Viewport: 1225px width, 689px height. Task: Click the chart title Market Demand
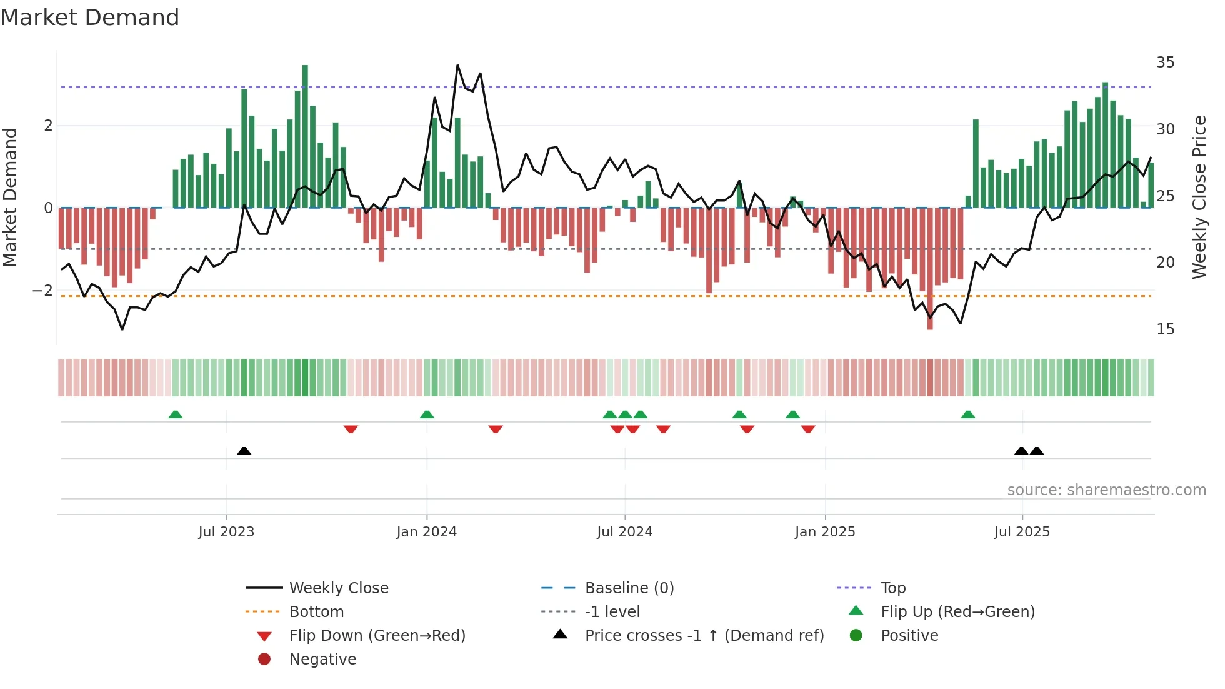point(90,18)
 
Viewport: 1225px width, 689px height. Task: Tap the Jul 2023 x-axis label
point(226,532)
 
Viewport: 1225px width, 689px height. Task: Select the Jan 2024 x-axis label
point(427,532)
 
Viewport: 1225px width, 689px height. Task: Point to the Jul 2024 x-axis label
point(624,532)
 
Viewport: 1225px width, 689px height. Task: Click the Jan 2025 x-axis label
point(825,532)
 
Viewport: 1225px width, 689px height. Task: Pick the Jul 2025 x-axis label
point(1022,532)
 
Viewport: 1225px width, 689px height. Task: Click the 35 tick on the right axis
point(1165,63)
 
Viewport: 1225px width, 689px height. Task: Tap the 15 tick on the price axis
point(1165,329)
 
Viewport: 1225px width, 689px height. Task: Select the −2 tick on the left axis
point(42,291)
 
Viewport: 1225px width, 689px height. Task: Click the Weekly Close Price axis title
point(1199,197)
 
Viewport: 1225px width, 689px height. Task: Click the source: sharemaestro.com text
point(1106,490)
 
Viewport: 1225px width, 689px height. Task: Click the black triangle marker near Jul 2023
point(244,451)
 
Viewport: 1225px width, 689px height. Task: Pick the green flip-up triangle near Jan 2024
point(427,415)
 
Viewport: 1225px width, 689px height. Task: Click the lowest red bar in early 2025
point(930,269)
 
